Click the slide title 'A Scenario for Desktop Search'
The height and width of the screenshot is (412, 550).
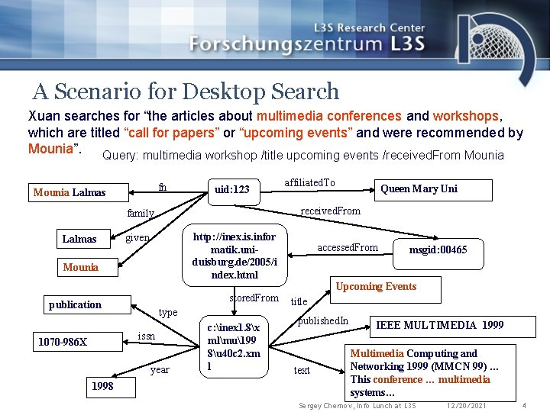click(186, 92)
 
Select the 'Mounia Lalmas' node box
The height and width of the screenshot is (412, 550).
click(70, 192)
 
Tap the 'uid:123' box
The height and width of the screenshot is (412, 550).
click(232, 189)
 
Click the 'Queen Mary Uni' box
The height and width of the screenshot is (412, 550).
click(419, 188)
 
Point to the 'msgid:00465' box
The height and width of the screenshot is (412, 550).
click(438, 249)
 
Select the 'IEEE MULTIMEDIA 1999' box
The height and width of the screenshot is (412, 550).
click(439, 325)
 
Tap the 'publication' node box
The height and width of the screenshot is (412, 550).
click(75, 304)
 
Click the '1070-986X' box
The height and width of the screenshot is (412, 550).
click(63, 341)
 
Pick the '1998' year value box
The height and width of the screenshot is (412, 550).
click(102, 386)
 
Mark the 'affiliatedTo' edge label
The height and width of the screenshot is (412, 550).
click(309, 182)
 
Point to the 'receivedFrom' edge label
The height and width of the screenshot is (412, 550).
click(331, 211)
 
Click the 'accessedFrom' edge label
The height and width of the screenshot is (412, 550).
click(348, 247)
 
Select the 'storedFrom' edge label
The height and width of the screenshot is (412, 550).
click(254, 298)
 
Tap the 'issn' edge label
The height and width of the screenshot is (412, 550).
click(147, 336)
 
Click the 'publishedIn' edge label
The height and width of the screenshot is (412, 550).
click(323, 320)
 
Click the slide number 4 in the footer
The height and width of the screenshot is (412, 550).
click(524, 405)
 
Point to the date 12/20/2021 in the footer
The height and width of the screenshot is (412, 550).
click(466, 405)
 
